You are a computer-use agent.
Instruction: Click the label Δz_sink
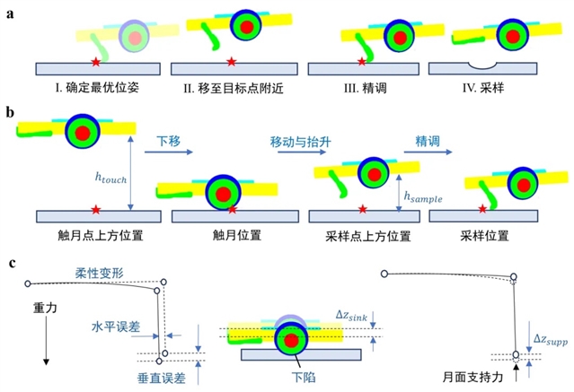[351, 313]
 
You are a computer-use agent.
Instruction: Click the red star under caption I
[96, 61]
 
